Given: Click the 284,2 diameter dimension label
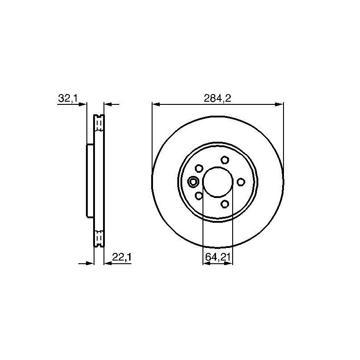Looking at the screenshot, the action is pos(217,98).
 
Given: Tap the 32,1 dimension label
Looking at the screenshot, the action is pos(68,98).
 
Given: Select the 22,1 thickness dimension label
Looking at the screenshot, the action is pos(121,257).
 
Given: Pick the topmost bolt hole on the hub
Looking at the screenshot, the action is pos(225,160).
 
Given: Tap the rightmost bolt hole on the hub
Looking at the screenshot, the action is pos(241,182).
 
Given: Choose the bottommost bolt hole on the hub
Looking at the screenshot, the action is pos(225,204).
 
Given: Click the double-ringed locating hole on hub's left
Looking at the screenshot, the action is pos(193,182).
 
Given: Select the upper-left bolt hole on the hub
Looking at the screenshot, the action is pos(199,168).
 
